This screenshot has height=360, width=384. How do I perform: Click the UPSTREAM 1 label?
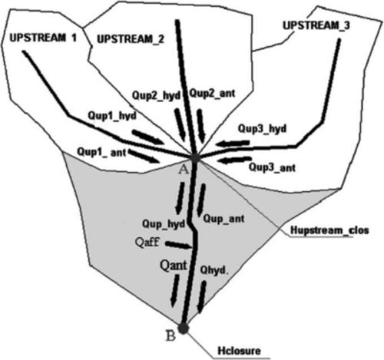(43, 38)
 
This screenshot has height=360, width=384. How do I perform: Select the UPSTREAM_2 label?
(131, 39)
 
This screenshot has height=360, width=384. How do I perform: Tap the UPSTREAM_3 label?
(316, 26)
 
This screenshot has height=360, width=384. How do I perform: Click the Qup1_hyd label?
(112, 116)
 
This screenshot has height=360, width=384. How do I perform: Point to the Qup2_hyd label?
(156, 96)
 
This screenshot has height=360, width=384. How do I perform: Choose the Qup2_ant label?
(212, 93)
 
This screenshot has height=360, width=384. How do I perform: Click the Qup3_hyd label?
(262, 128)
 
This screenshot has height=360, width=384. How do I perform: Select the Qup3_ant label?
(273, 167)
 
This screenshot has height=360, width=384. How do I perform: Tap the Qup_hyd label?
(164, 224)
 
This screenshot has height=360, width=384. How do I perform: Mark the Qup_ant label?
(223, 219)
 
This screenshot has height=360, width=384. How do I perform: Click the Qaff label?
(147, 242)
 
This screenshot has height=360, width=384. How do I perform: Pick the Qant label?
(174, 266)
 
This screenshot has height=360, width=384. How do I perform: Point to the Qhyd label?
(214, 270)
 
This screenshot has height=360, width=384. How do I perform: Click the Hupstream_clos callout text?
(329, 230)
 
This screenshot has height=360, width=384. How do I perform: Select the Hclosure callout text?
(239, 351)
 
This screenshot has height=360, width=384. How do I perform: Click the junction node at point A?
(195, 158)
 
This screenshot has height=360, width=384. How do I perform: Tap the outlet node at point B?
(184, 329)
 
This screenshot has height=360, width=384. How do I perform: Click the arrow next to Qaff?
(179, 245)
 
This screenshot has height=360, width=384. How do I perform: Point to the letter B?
(170, 336)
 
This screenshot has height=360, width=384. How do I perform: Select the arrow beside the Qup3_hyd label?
(234, 144)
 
